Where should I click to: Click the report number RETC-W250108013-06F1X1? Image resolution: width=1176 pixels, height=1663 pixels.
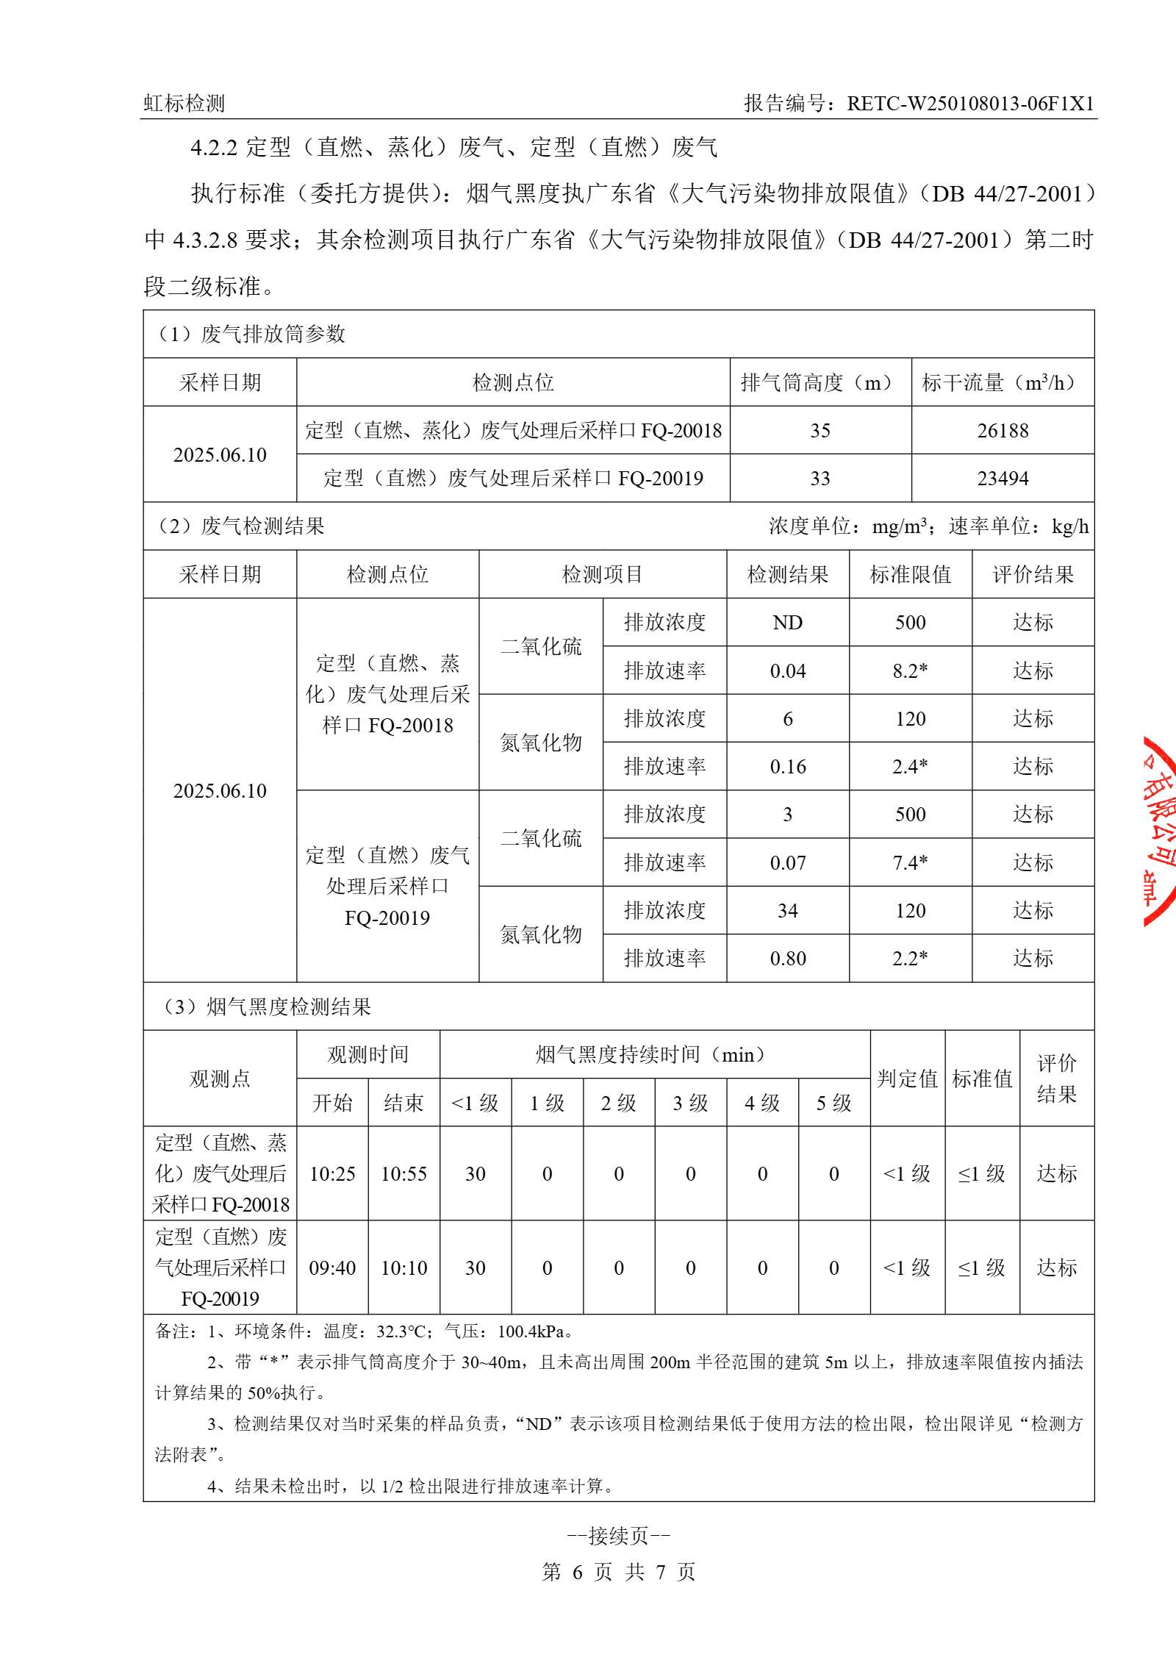pyautogui.click(x=970, y=103)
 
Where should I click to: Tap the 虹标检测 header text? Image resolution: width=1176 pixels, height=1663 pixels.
pyautogui.click(x=184, y=103)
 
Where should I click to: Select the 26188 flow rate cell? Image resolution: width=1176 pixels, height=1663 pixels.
pyautogui.click(x=1003, y=431)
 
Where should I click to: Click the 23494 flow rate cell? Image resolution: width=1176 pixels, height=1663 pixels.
pyautogui.click(x=1003, y=479)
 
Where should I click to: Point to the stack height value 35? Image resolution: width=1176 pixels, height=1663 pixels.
pyautogui.click(x=820, y=431)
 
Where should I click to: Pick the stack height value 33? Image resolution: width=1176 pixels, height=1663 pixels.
pyautogui.click(x=820, y=479)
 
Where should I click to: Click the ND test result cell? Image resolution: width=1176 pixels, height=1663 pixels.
pyautogui.click(x=787, y=623)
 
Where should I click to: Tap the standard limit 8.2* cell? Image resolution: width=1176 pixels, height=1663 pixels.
pyautogui.click(x=910, y=670)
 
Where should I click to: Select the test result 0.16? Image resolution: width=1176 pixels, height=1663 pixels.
pyautogui.click(x=787, y=767)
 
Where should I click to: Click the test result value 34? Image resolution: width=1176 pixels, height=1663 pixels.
pyautogui.click(x=787, y=911)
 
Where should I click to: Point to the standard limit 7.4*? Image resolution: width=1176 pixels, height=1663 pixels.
pyautogui.click(x=910, y=862)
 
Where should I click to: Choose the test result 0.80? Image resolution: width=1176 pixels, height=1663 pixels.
pyautogui.click(x=787, y=959)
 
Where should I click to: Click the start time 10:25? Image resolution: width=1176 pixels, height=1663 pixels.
pyautogui.click(x=332, y=1174)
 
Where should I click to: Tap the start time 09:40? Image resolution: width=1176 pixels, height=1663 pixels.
pyautogui.click(x=332, y=1268)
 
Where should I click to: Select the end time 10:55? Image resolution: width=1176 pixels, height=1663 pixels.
pyautogui.click(x=404, y=1174)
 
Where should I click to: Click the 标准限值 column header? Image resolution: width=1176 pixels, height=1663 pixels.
pyautogui.click(x=910, y=574)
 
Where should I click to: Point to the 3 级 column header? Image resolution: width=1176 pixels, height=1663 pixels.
pyautogui.click(x=690, y=1103)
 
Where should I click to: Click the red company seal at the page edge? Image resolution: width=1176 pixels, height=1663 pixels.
pyautogui.click(x=1159, y=831)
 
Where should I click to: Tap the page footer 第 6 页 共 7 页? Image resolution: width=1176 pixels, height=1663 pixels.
pyautogui.click(x=618, y=1572)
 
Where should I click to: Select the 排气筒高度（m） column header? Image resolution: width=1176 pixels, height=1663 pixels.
pyautogui.click(x=820, y=382)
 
